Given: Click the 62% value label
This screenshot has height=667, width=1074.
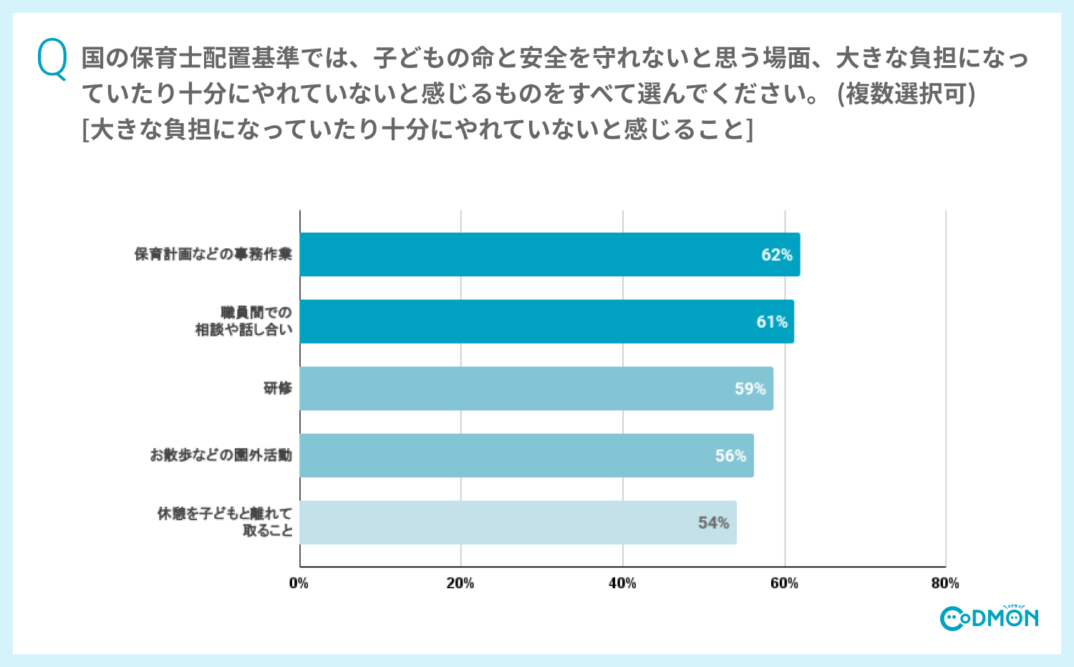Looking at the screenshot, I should coord(777,255).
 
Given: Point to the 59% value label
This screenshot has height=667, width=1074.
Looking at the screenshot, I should coord(750,389).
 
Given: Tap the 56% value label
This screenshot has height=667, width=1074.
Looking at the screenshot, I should coord(730,456).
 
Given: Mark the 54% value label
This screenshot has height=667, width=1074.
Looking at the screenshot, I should coord(714,523).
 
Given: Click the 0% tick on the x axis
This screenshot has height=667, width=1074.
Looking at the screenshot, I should coord(299,583).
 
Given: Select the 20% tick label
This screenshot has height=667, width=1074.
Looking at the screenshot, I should coord(460,583).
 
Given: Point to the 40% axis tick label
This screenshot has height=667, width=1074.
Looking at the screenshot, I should coord(622,583).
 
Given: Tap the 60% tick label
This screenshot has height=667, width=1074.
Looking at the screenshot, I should coord(784,583).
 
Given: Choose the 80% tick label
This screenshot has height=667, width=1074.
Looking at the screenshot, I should coord(945,583).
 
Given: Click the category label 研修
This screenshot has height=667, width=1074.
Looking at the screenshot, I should coord(278,389).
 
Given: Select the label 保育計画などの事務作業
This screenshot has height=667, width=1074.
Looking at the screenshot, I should coord(213,254).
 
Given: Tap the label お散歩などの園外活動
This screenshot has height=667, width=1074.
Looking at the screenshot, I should coord(221,455).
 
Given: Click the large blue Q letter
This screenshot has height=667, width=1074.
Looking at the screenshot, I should coord(52,59).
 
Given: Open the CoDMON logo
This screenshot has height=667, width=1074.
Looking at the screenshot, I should coord(989,618).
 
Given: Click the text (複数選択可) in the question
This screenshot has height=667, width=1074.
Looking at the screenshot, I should coord(906,94).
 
